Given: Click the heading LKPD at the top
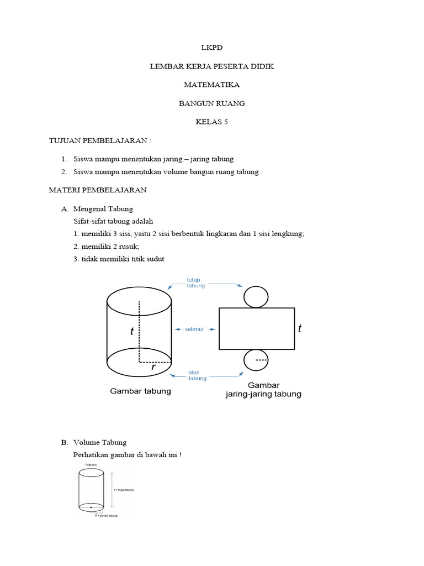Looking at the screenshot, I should [212, 48].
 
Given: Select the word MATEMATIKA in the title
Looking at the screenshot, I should [212, 85].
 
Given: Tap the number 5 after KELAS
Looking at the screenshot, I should [225, 122].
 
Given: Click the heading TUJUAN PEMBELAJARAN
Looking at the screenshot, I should [99, 141].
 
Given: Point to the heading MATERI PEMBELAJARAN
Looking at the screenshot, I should [98, 190].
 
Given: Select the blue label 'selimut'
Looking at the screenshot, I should [194, 329].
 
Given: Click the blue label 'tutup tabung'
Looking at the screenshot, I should [195, 282].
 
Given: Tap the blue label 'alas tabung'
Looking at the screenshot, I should [197, 375].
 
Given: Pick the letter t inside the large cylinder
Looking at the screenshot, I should [132, 332].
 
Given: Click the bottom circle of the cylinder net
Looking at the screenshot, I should [256, 360].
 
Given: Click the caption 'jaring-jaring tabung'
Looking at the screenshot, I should [264, 394].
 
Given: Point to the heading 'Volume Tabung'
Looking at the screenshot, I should [100, 442].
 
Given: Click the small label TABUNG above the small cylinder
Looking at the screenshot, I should [91, 466].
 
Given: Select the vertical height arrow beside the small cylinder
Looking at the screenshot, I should [112, 489].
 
